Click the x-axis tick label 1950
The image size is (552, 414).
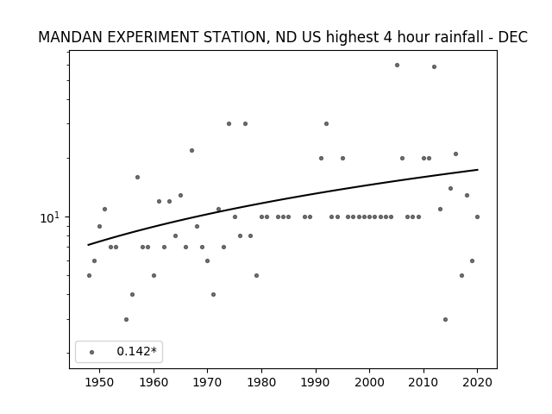click(x=100, y=382)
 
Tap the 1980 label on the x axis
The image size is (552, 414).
click(x=261, y=382)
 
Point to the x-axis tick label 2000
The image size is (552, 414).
click(x=369, y=382)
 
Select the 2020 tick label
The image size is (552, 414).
click(x=477, y=382)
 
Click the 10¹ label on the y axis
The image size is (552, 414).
click(x=48, y=218)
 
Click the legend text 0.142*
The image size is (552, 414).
click(x=136, y=351)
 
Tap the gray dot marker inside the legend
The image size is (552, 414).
click(x=92, y=352)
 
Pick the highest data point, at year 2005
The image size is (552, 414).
click(x=397, y=66)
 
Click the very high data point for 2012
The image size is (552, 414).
click(x=434, y=67)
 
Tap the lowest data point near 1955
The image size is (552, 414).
click(x=127, y=320)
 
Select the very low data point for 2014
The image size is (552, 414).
click(x=445, y=320)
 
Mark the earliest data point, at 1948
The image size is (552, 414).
click(x=89, y=276)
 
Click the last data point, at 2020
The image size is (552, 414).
click(x=477, y=216)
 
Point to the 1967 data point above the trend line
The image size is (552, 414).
click(x=191, y=151)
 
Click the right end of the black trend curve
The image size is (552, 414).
click(x=478, y=170)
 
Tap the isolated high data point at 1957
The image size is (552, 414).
click(x=138, y=178)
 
